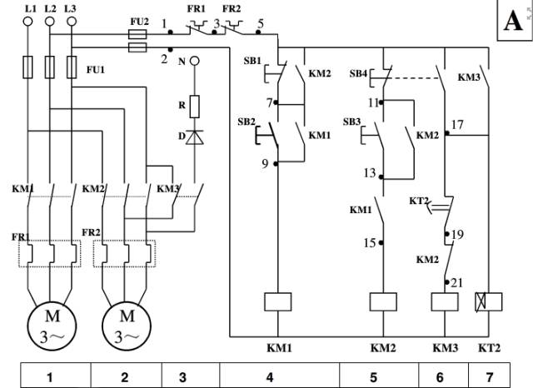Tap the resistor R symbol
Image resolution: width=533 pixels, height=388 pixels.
pyautogui.click(x=194, y=106)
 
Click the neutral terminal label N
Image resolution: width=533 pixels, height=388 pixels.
pyautogui.click(x=182, y=61)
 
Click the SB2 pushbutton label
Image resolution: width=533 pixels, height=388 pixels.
pyautogui.click(x=247, y=122)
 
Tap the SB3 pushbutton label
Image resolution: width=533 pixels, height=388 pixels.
pyautogui.click(x=352, y=122)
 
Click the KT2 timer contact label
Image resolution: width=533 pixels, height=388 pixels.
pyautogui.click(x=419, y=202)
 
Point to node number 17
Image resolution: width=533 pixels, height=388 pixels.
pyautogui.click(x=457, y=125)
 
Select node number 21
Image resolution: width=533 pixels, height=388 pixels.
pyautogui.click(x=456, y=283)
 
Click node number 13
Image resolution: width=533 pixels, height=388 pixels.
pyautogui.click(x=370, y=173)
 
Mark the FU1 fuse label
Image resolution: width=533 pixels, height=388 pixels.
pyautogui.click(x=97, y=70)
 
